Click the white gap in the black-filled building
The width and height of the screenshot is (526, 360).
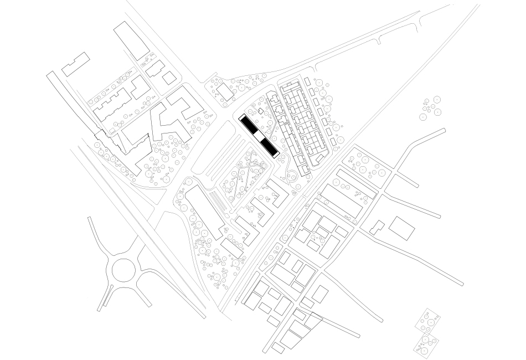point(258,135)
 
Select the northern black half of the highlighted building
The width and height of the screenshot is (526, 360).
point(247,124)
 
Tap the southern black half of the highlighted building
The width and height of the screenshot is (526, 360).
point(269,146)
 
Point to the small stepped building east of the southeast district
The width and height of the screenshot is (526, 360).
point(377,227)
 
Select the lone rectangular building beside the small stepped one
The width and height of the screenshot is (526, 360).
point(401,227)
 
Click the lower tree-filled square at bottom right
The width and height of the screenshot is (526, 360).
point(427,342)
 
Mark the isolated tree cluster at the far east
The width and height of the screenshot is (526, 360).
point(431,107)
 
